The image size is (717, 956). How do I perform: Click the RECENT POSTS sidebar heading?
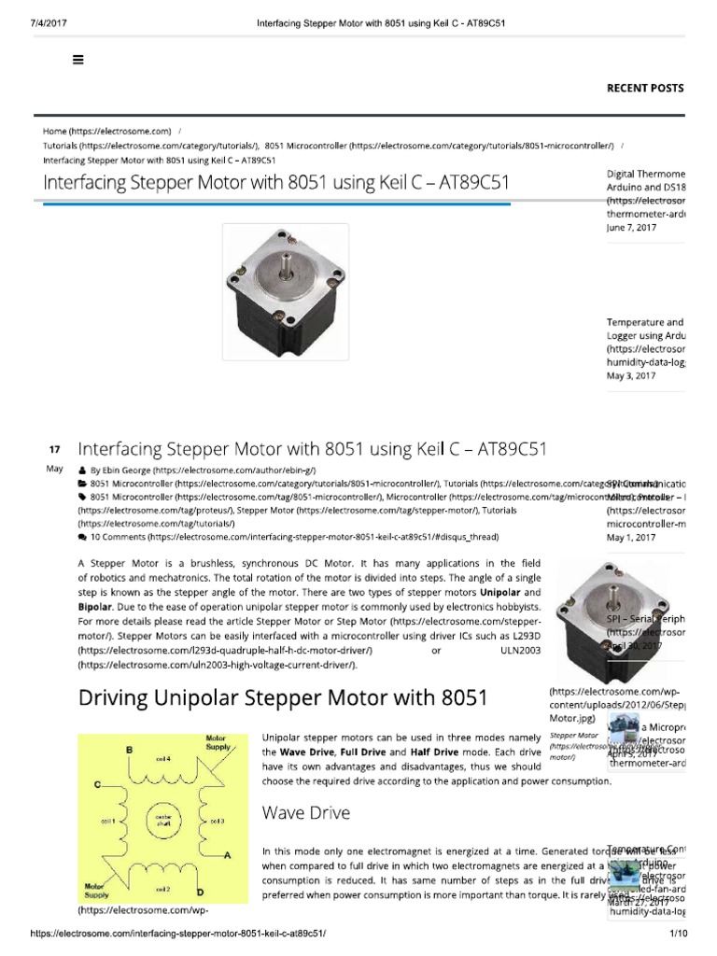click(645, 88)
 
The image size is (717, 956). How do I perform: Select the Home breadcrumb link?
click(106, 131)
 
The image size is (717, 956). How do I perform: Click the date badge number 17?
click(53, 449)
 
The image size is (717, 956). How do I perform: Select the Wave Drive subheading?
click(306, 813)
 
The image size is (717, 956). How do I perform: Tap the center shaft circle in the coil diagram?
click(164, 821)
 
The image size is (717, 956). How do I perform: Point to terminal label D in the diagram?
click(227, 893)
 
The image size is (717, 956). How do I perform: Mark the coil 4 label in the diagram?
click(164, 759)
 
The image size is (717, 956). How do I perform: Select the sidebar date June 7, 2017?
click(631, 227)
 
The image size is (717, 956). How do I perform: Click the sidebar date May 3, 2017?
click(630, 376)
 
